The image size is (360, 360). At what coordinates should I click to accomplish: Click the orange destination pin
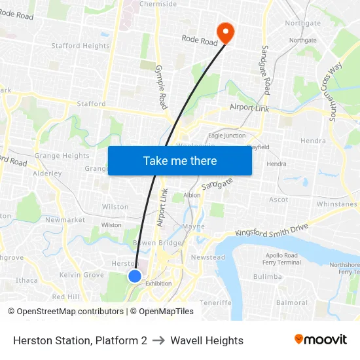(226, 31)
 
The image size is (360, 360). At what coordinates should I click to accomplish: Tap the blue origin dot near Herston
(135, 276)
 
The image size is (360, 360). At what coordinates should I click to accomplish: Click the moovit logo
(321, 340)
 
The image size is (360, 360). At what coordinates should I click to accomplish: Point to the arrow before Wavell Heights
(159, 340)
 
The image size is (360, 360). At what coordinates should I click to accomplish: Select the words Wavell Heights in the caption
(207, 340)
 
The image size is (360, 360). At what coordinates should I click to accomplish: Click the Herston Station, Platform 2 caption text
(80, 340)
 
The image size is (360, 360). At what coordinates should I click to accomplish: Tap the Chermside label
(158, 4)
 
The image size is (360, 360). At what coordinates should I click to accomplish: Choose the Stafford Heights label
(81, 46)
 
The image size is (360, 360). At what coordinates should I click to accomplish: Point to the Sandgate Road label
(266, 71)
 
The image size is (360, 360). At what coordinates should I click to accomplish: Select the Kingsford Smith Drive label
(272, 230)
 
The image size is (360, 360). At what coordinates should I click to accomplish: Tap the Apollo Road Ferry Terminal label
(281, 259)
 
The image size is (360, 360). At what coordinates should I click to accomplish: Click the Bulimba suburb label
(267, 277)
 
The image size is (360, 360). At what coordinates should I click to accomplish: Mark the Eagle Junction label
(226, 135)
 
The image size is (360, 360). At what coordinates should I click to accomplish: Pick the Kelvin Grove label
(82, 275)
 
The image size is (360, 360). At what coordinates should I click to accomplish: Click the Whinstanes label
(336, 204)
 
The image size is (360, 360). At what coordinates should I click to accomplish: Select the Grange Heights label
(62, 156)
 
